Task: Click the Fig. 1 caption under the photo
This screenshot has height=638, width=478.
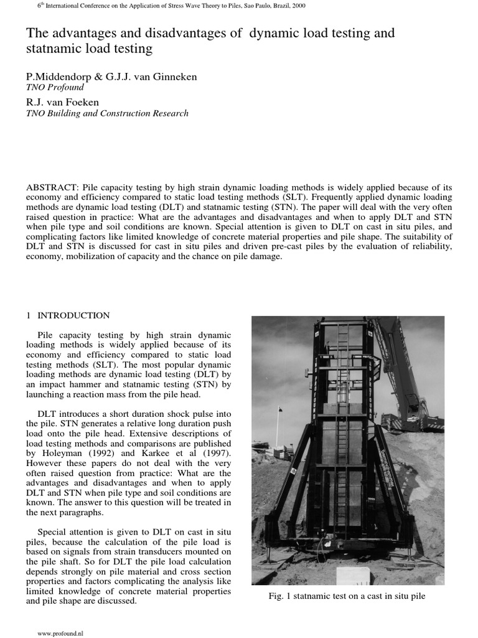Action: [x=347, y=596]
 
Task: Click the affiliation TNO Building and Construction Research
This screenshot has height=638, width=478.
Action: [x=106, y=113]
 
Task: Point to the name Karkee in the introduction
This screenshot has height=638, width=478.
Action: [x=147, y=453]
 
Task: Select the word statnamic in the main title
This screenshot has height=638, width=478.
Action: [x=57, y=47]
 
